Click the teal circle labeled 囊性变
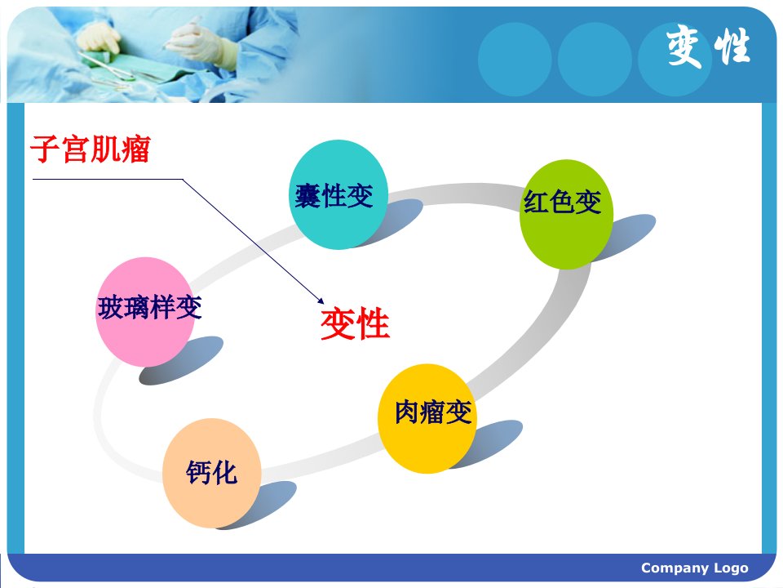338,194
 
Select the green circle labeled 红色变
566,215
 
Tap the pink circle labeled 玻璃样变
145,312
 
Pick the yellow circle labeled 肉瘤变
427,418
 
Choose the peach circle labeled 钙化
212,473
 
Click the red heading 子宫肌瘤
91,149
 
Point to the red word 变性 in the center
355,324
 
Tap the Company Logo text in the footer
695,568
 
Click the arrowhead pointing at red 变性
321,301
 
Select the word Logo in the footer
731,568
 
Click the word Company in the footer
675,568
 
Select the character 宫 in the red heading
76,149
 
